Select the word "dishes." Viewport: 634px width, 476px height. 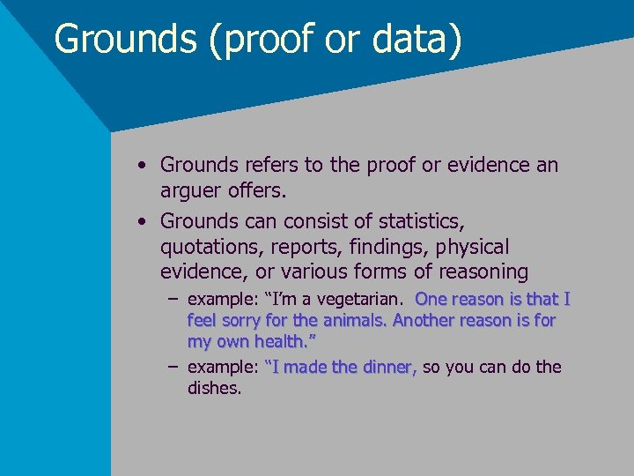point(214,388)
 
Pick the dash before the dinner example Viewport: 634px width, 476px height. point(173,367)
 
